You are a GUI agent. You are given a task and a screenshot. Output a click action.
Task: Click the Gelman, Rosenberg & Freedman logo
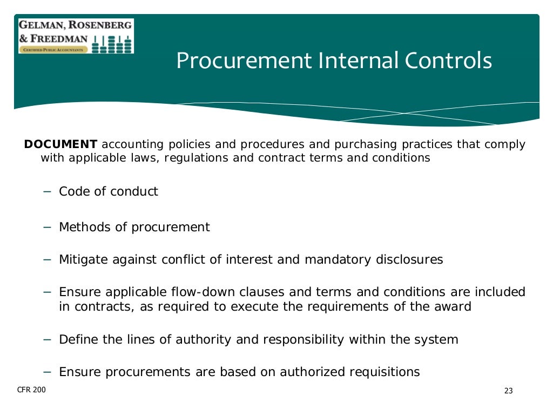coord(76,36)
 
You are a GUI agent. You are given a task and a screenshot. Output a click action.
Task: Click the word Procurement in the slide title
coord(244,61)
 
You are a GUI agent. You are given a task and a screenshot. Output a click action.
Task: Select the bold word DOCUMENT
coord(61,145)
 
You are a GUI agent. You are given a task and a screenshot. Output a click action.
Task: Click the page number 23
coord(508,391)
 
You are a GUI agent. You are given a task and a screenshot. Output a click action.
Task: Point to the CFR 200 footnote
coord(32,390)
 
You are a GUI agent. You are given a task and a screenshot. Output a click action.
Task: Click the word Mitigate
coord(83,260)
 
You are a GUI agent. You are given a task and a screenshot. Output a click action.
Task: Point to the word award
coord(453,307)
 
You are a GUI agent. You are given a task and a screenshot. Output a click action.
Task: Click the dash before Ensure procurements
coord(47,372)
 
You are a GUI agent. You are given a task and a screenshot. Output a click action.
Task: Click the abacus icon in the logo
coord(112,43)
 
